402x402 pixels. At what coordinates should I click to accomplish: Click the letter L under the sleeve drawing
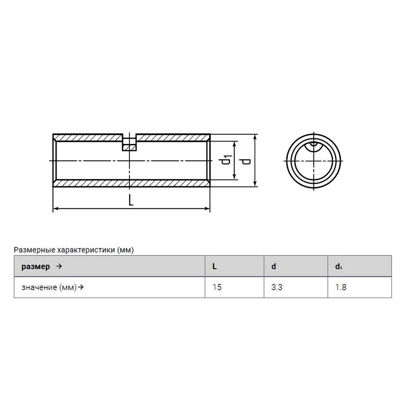click(131, 200)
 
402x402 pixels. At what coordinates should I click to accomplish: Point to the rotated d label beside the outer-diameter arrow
click(245, 161)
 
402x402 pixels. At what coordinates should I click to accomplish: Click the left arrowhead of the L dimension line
click(56, 208)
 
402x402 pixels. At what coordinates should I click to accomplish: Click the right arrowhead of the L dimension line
click(207, 208)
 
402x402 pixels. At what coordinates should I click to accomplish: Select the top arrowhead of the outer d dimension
click(255, 137)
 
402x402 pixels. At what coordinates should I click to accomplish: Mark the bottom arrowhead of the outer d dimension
click(255, 184)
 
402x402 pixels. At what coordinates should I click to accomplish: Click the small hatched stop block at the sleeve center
click(129, 148)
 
